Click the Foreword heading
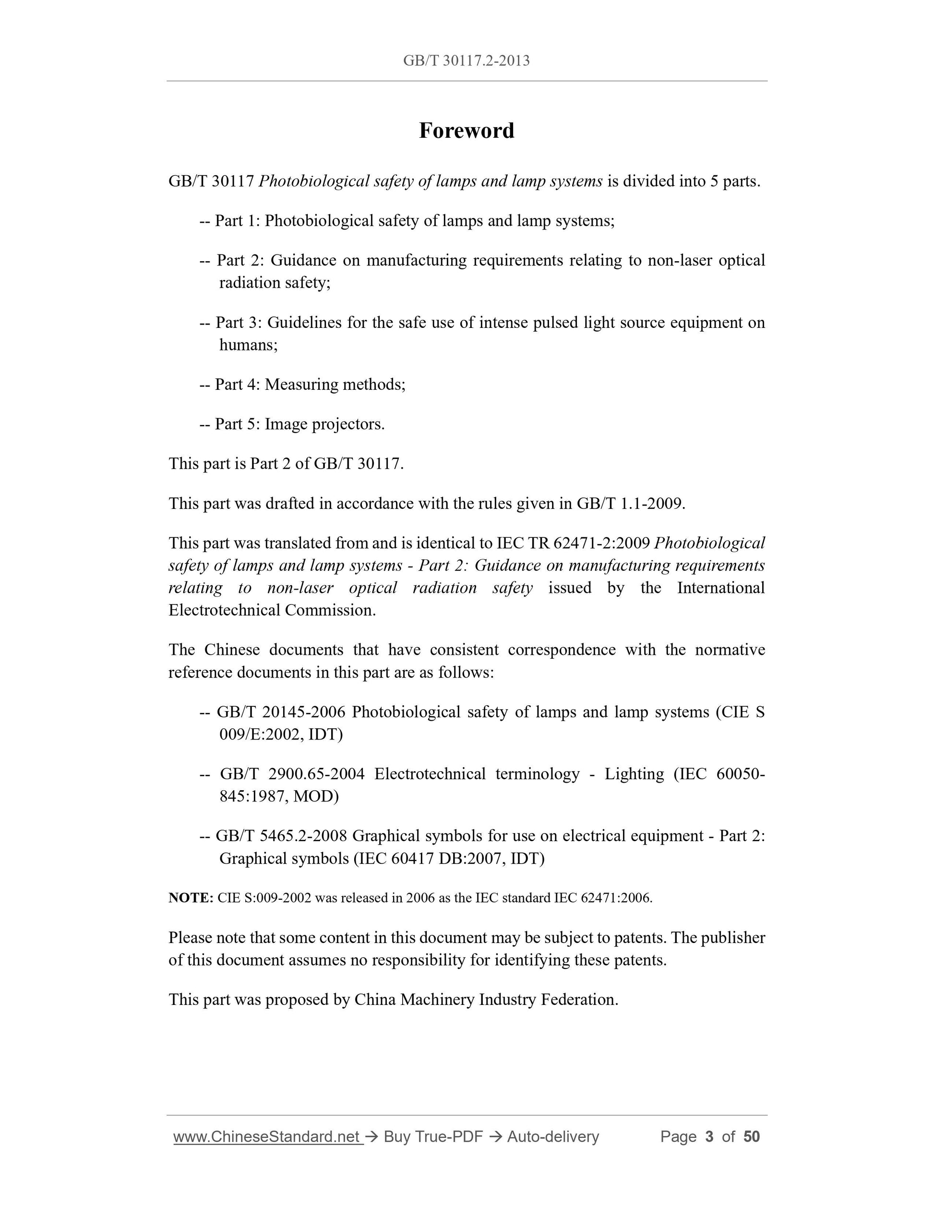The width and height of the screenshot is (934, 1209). click(467, 131)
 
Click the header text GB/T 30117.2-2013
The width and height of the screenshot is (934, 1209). click(467, 60)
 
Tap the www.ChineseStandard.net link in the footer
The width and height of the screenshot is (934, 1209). click(268, 1136)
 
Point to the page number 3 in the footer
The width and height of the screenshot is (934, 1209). click(709, 1136)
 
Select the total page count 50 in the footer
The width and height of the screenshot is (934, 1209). click(752, 1136)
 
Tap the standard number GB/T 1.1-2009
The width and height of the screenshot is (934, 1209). click(630, 504)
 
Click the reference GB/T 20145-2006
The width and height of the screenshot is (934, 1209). click(281, 712)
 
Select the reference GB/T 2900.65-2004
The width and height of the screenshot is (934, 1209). click(292, 774)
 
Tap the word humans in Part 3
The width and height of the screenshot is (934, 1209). click(247, 345)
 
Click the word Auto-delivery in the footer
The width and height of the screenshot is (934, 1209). click(553, 1136)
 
